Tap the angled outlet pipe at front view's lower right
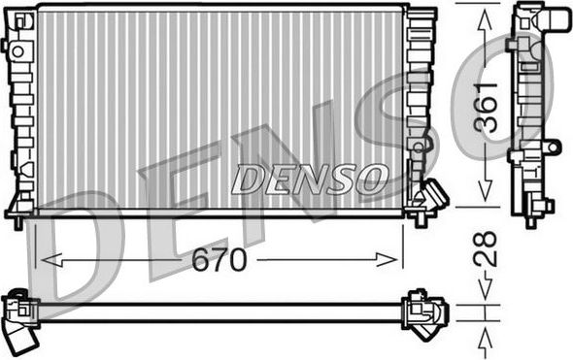(x=430, y=196)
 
